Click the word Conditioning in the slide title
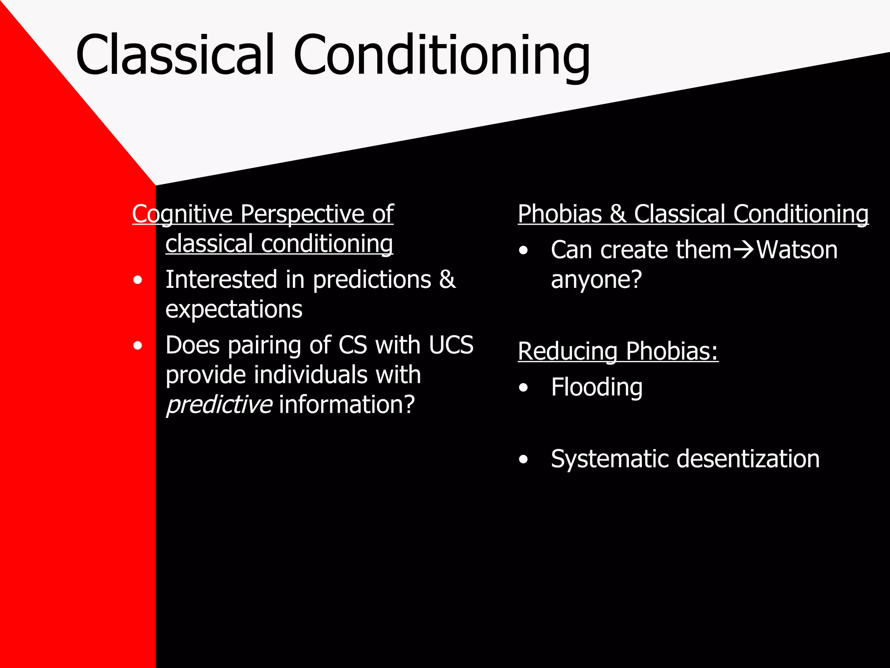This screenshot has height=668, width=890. (441, 57)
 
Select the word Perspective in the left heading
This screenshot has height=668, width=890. (302, 214)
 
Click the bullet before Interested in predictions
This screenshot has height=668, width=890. (138, 281)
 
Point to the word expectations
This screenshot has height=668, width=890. (234, 310)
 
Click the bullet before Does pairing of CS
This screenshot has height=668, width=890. (138, 346)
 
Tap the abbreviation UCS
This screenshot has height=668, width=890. (451, 345)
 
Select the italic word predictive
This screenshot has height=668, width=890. (219, 404)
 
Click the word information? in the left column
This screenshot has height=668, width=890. (347, 404)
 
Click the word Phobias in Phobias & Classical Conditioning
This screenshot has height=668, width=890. (560, 214)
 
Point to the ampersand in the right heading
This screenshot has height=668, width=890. (618, 214)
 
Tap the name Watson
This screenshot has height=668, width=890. (797, 250)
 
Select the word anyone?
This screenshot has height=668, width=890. (596, 280)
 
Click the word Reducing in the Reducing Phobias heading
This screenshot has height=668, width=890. (568, 351)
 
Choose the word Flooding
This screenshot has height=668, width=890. (596, 387)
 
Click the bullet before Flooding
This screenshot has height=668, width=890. (523, 387)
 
